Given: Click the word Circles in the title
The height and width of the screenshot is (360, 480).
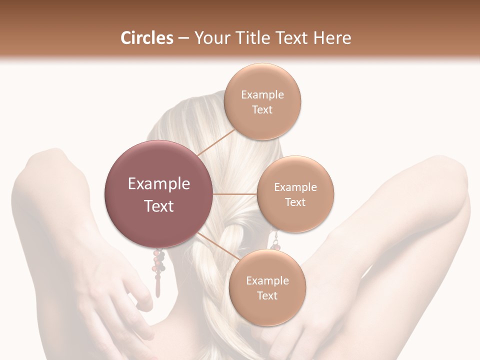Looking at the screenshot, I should [146, 38].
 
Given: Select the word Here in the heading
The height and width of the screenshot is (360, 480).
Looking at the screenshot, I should [333, 38].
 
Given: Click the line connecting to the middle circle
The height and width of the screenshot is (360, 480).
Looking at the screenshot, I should [235, 194].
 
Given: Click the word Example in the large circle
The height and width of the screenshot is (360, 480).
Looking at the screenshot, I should [158, 184].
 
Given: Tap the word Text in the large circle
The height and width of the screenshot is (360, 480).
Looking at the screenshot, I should [158, 206].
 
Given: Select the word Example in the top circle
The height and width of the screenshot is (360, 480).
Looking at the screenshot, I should [262, 95].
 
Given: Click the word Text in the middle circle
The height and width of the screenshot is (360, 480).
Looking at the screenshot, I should [295, 202].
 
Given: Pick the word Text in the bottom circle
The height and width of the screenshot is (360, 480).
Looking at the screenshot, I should [267, 296].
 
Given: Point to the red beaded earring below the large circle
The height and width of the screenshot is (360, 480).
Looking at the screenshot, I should [158, 270].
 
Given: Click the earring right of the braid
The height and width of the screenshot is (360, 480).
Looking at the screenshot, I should [275, 241].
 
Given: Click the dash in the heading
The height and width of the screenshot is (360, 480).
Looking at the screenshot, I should [183, 38].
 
